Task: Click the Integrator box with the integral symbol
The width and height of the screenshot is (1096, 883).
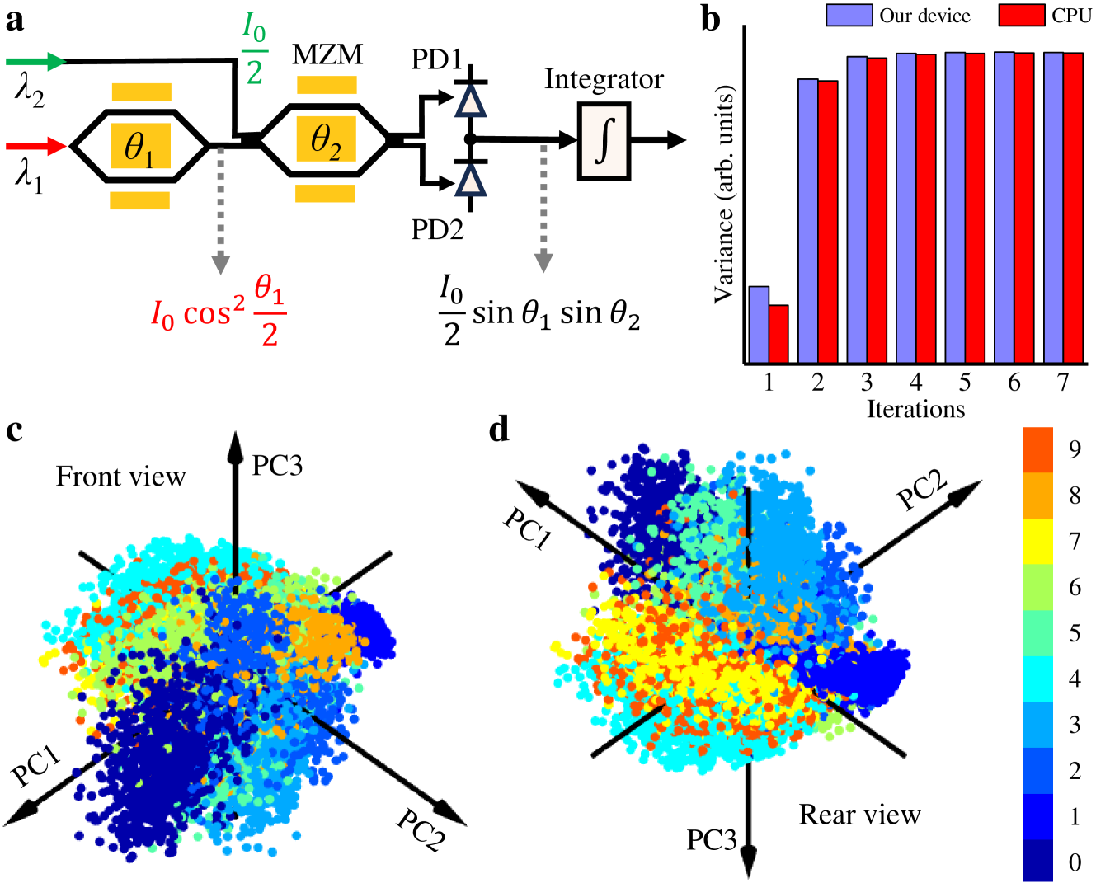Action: point(604,141)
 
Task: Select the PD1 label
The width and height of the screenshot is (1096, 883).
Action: point(436,60)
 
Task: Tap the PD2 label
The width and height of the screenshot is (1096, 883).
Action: point(437,229)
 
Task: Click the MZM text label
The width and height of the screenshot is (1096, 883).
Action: point(327,55)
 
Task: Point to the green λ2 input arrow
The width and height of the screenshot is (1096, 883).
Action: point(36,61)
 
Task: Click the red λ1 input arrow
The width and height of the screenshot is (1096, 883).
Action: point(36,147)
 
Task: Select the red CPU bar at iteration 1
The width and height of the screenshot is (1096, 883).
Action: point(778,334)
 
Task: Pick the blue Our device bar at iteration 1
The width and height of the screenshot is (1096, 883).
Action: point(759,325)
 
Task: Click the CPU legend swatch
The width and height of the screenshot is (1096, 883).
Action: point(1021,16)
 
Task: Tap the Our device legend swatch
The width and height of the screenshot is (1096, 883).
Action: point(849,16)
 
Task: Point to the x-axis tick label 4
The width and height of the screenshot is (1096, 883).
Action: point(915,383)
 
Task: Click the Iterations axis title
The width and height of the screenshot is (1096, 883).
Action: point(915,409)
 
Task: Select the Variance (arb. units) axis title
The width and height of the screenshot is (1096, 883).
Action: point(725,194)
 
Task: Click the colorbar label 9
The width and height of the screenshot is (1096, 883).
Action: point(1074,449)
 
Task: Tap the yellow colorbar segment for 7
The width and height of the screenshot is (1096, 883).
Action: point(1037,541)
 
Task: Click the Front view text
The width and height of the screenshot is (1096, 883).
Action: point(120,477)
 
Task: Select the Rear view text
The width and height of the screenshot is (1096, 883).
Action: point(859,815)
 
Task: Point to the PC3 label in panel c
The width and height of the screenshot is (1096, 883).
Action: point(277,466)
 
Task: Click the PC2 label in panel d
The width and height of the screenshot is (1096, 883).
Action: point(922,491)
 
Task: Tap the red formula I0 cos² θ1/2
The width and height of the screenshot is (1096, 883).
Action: point(219,312)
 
